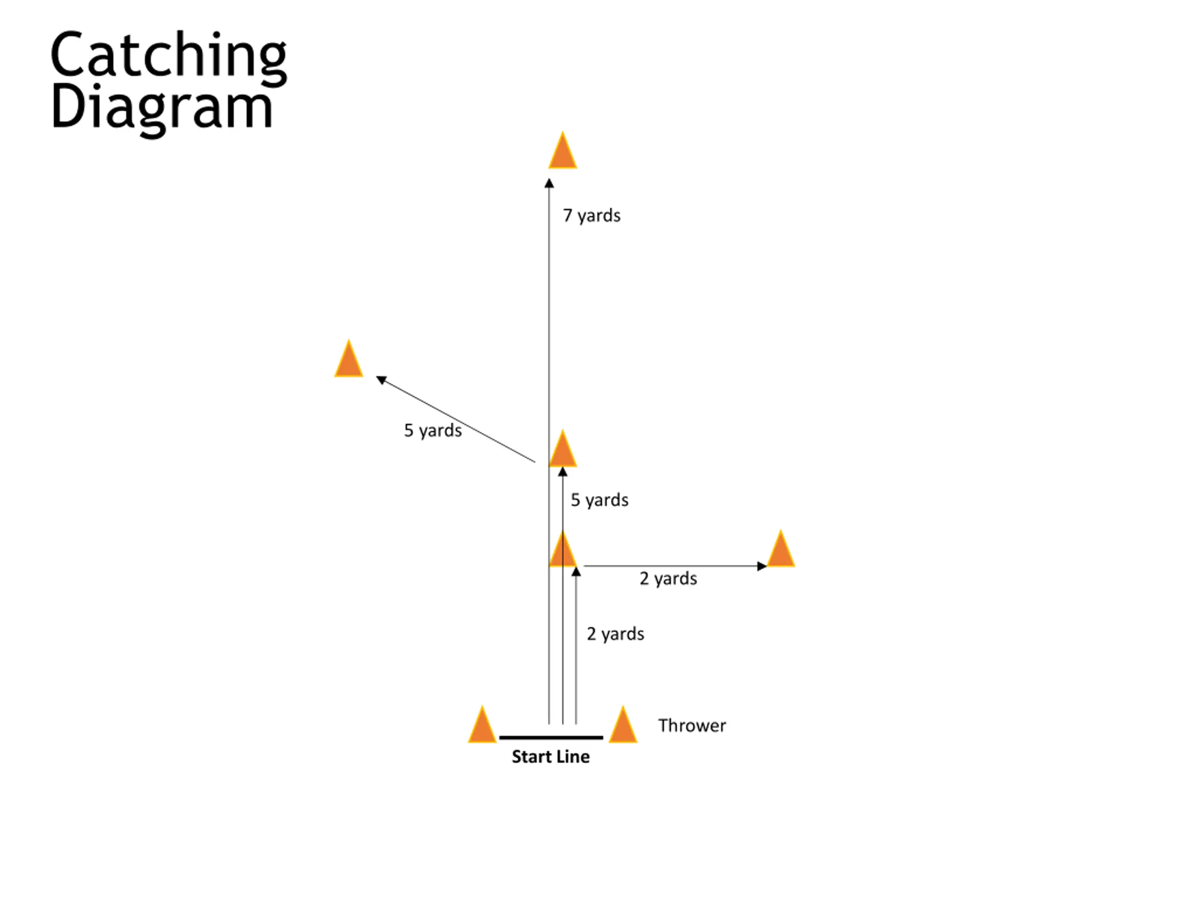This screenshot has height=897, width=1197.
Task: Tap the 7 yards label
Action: pos(591,216)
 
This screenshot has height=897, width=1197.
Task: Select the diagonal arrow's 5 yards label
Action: pos(433,430)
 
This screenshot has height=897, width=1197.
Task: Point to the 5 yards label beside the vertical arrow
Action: pos(599,500)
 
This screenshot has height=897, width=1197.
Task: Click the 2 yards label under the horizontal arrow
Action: pos(668,578)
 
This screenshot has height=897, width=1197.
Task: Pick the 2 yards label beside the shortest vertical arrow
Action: pos(615,634)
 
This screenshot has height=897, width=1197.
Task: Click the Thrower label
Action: pos(692,726)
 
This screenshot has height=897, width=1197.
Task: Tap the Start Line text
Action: pos(550,756)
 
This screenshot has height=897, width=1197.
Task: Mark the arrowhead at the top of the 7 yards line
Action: pos(549,184)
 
